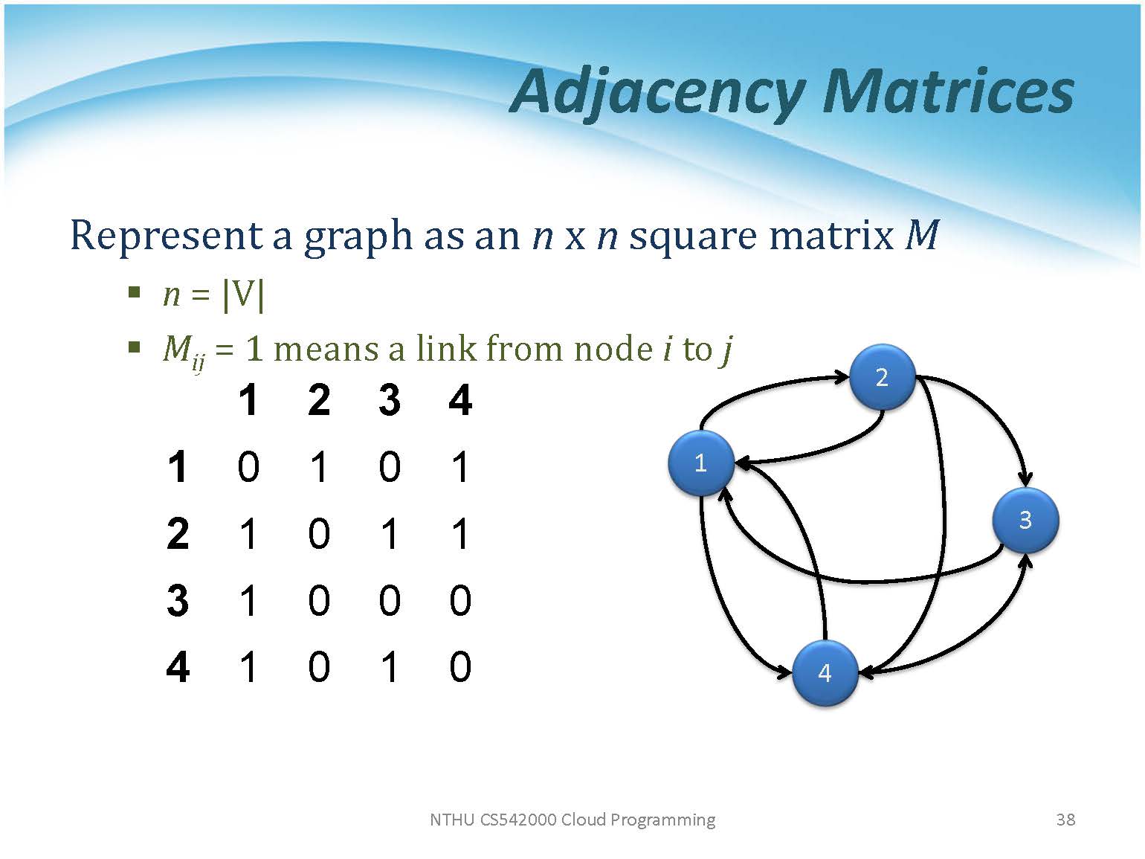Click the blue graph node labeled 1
(701, 463)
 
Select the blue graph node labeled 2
(882, 377)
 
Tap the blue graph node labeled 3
(1025, 520)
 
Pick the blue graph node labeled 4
(825, 673)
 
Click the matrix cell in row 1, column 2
(319, 467)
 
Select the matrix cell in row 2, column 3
(390, 534)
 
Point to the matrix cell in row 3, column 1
(248, 600)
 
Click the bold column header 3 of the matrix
(390, 400)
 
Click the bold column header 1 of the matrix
(248, 400)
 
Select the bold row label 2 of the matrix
(178, 534)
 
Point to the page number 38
(1065, 820)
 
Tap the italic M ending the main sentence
(922, 235)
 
